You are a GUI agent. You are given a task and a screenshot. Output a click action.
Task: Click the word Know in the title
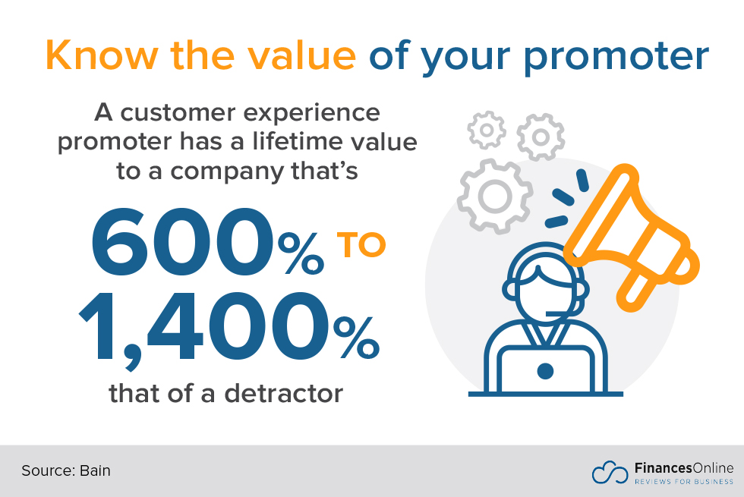pos(102,55)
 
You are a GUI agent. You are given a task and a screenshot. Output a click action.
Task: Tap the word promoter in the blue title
pos(616,58)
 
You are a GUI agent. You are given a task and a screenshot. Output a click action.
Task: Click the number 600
pos(183,242)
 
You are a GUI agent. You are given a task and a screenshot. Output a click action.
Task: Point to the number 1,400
pos(204,328)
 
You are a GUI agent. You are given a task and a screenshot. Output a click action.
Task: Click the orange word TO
pos(361,245)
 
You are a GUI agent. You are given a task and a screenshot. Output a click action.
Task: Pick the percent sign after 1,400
pos(356,337)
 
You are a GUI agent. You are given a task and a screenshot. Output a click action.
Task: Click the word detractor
pos(283,394)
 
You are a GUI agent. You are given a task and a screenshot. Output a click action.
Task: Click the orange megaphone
pos(632,232)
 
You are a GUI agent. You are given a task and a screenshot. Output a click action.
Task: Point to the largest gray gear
pos(495,196)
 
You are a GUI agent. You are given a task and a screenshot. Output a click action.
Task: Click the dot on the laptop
pos(545,371)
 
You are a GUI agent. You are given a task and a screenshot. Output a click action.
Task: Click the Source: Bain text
pos(66,470)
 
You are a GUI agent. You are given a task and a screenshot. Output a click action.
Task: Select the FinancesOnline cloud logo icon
pos(610,472)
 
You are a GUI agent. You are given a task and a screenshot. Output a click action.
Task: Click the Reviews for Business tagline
pos(684,482)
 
